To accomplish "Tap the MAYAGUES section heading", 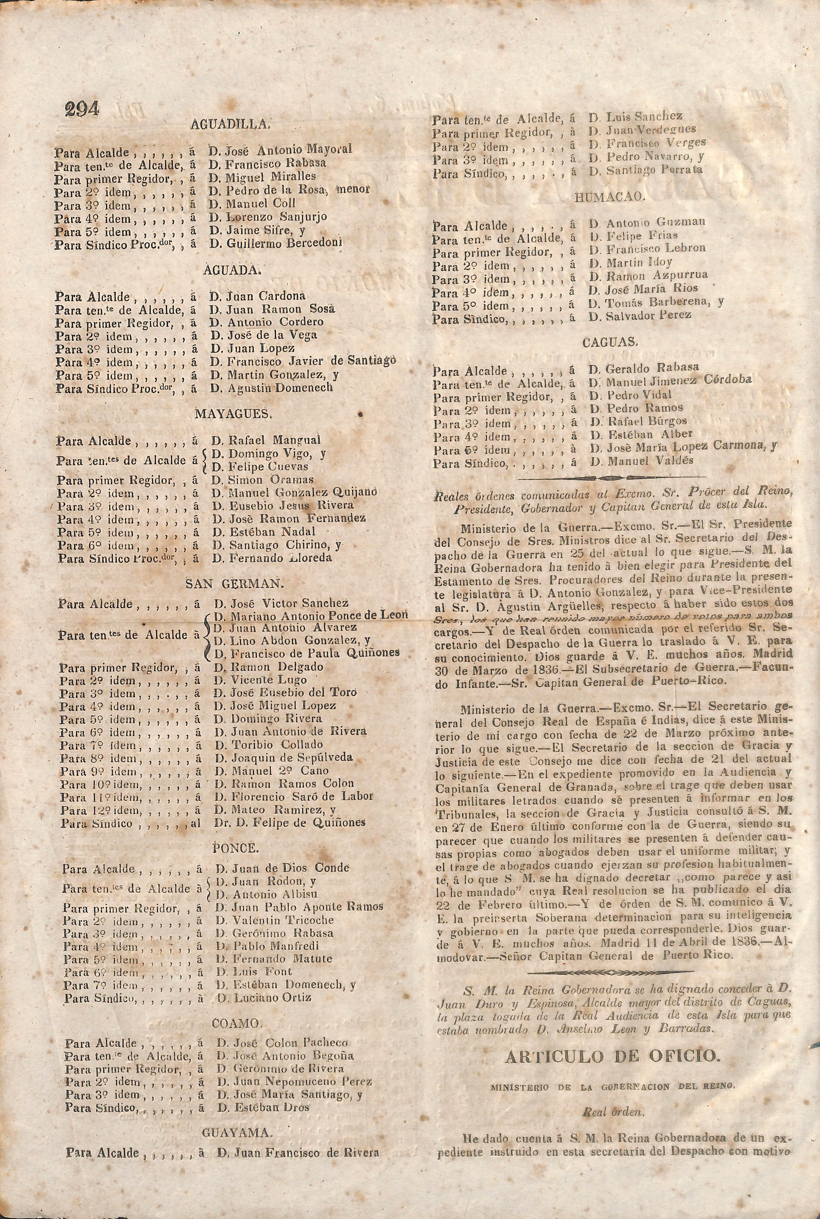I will (x=233, y=414).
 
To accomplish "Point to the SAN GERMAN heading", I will (x=235, y=584).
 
